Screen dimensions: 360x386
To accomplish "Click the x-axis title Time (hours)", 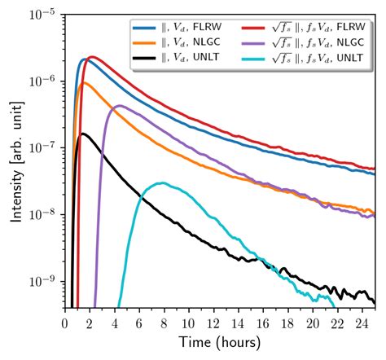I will [x=221, y=342].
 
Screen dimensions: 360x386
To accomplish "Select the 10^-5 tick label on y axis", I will [x=42, y=14].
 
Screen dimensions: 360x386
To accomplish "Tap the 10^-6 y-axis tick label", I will [x=42, y=81].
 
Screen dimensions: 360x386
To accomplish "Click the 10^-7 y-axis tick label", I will [x=42, y=147].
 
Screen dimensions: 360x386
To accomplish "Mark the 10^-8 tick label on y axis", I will [x=42, y=214].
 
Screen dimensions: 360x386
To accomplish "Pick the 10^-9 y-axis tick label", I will [x=42, y=281].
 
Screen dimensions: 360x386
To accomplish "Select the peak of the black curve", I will [x=82, y=134].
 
